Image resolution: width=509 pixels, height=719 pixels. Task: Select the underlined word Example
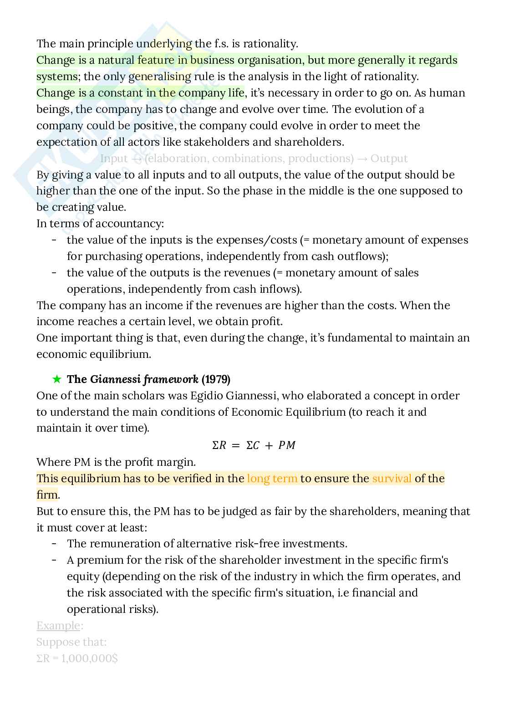coord(58,626)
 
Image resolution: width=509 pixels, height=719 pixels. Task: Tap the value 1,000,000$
coord(86,658)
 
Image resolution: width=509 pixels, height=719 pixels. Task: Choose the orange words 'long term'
coord(272,478)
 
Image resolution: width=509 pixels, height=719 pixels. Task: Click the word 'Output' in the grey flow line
coord(389,158)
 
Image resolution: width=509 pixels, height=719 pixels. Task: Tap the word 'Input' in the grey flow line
coord(114,158)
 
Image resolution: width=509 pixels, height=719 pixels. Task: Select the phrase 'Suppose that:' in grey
coord(71,642)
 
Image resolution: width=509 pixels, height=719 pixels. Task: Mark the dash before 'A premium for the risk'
coord(54,560)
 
